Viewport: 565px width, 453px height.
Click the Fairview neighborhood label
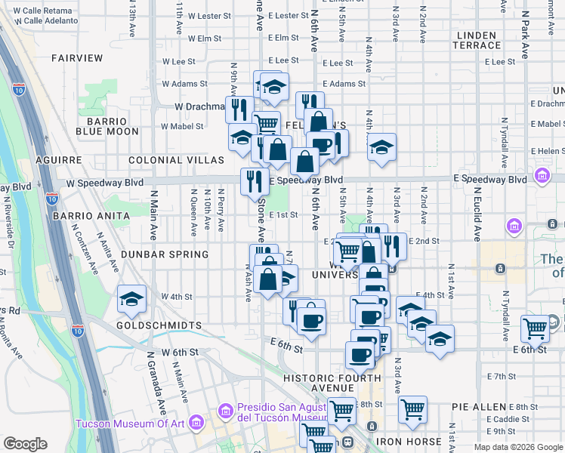[77, 58]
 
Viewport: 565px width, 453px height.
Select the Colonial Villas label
[176, 161]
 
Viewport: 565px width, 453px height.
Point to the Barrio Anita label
[82, 216]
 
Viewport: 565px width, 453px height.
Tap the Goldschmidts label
[160, 325]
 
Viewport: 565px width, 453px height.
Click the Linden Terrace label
[476, 41]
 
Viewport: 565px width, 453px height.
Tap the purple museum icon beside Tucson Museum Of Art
[197, 423]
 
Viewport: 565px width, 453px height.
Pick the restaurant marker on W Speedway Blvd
[255, 181]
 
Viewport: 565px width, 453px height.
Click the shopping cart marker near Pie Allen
[412, 408]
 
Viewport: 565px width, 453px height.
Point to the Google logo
[25, 444]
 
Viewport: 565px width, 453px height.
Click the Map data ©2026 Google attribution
[518, 447]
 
